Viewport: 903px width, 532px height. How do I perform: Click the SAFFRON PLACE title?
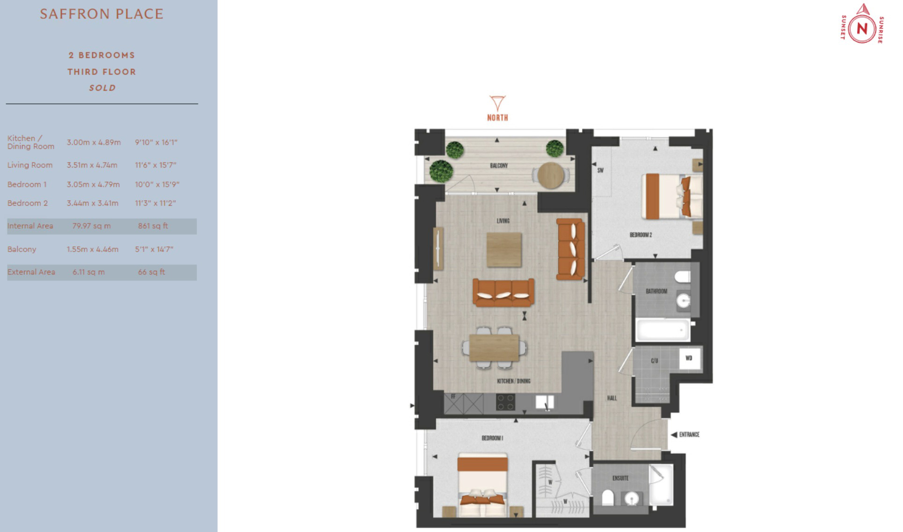pyautogui.click(x=102, y=14)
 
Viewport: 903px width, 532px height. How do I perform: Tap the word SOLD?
pyautogui.click(x=102, y=88)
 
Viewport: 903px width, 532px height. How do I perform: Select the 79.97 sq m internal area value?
pyautogui.click(x=92, y=226)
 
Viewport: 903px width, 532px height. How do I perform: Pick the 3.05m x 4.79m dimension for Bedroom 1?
pyautogui.click(x=93, y=185)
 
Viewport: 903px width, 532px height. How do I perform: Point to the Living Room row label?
pyautogui.click(x=30, y=165)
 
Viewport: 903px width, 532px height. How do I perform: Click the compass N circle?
pyautogui.click(x=862, y=29)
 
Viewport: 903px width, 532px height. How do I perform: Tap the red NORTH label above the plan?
pyautogui.click(x=497, y=118)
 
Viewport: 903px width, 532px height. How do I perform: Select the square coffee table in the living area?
pyautogui.click(x=504, y=250)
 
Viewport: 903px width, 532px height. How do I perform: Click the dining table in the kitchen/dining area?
pyautogui.click(x=494, y=347)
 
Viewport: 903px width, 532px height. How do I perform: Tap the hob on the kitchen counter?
pyautogui.click(x=505, y=402)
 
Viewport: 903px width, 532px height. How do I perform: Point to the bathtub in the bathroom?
pyautogui.click(x=663, y=330)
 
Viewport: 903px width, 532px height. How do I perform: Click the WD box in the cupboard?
pyautogui.click(x=690, y=359)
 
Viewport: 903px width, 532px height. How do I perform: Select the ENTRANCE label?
pyautogui.click(x=689, y=435)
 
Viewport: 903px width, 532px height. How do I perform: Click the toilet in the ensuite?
pyautogui.click(x=607, y=498)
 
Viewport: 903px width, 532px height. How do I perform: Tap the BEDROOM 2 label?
pyautogui.click(x=641, y=235)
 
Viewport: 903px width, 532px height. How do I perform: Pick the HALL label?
pyautogui.click(x=612, y=398)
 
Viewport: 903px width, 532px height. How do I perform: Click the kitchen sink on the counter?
pyautogui.click(x=545, y=402)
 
